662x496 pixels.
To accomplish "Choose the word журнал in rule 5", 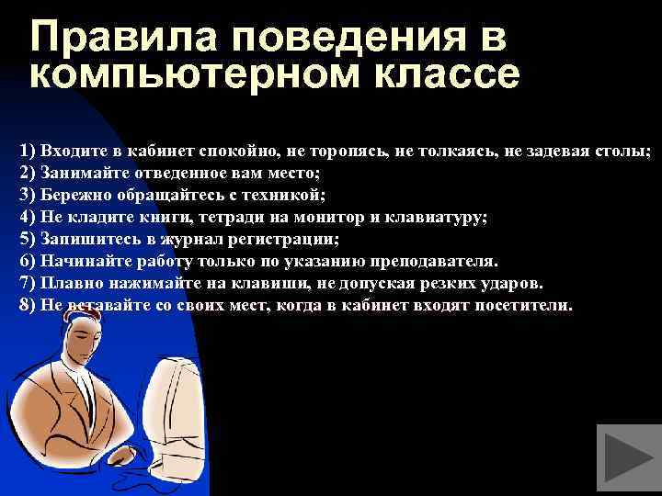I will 184,240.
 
